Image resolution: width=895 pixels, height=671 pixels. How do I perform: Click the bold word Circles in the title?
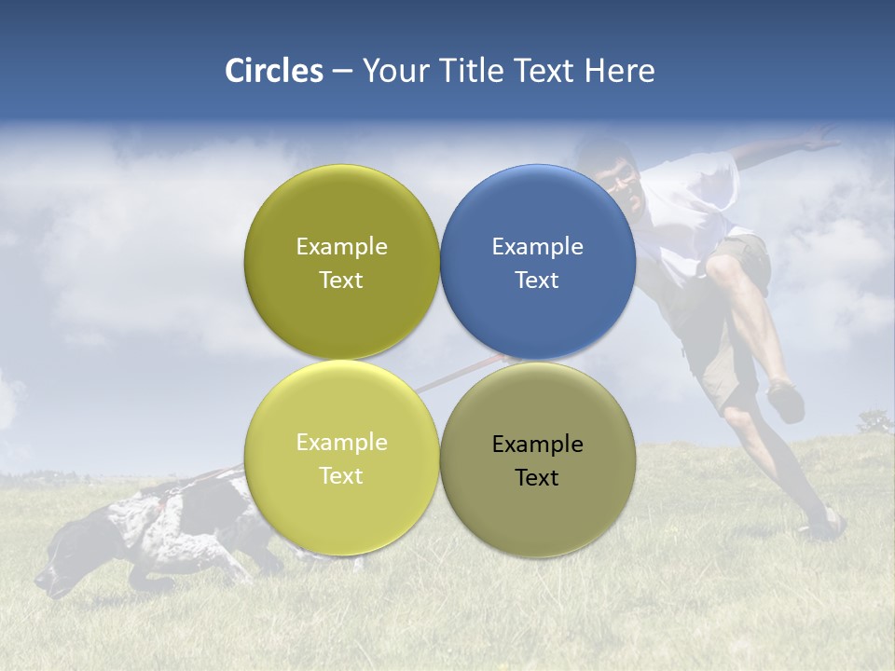[273, 71]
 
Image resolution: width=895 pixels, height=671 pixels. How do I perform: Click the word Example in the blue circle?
[538, 247]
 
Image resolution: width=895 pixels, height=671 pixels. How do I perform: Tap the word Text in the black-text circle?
[537, 477]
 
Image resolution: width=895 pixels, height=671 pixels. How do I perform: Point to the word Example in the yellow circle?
[341, 443]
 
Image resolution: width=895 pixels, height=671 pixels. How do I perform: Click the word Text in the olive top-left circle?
[341, 281]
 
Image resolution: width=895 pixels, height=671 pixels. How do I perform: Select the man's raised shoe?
[786, 401]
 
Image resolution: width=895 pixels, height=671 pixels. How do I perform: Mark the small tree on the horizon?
[874, 423]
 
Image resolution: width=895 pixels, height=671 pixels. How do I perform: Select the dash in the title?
[342, 72]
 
